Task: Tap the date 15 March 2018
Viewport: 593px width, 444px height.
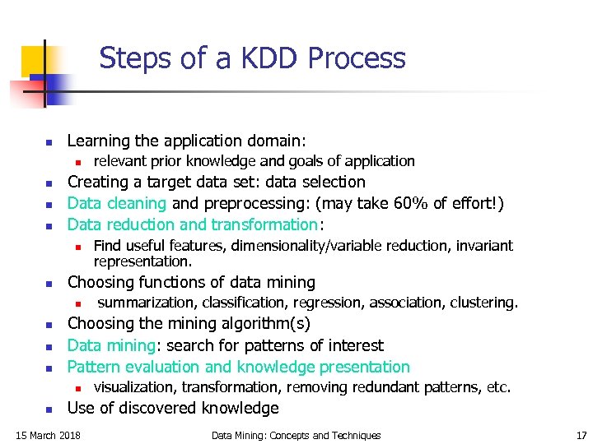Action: tap(49, 435)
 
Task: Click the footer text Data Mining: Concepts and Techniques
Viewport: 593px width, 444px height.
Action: tap(296, 435)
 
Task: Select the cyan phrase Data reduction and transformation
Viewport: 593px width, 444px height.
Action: tap(193, 224)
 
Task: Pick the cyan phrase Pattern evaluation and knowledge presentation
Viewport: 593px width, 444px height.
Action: tap(238, 367)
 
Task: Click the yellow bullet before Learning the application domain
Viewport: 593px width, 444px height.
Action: tap(49, 141)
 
